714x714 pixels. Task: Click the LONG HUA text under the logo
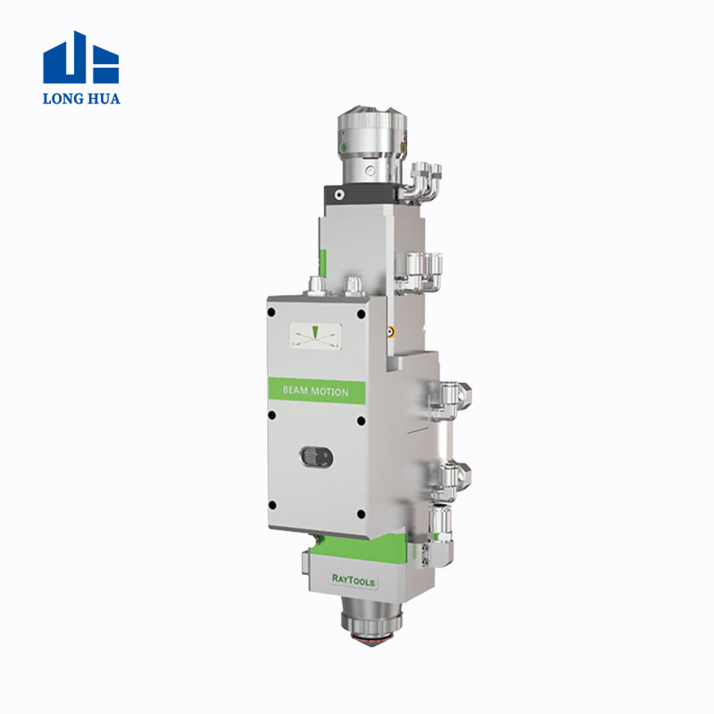[81, 98]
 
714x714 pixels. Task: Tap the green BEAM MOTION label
[317, 391]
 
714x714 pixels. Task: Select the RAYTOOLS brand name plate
[353, 579]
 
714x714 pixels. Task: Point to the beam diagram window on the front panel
[316, 336]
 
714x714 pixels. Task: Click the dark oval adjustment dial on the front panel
[317, 457]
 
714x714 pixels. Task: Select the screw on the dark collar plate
[339, 195]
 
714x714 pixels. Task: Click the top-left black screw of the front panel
[271, 312]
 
